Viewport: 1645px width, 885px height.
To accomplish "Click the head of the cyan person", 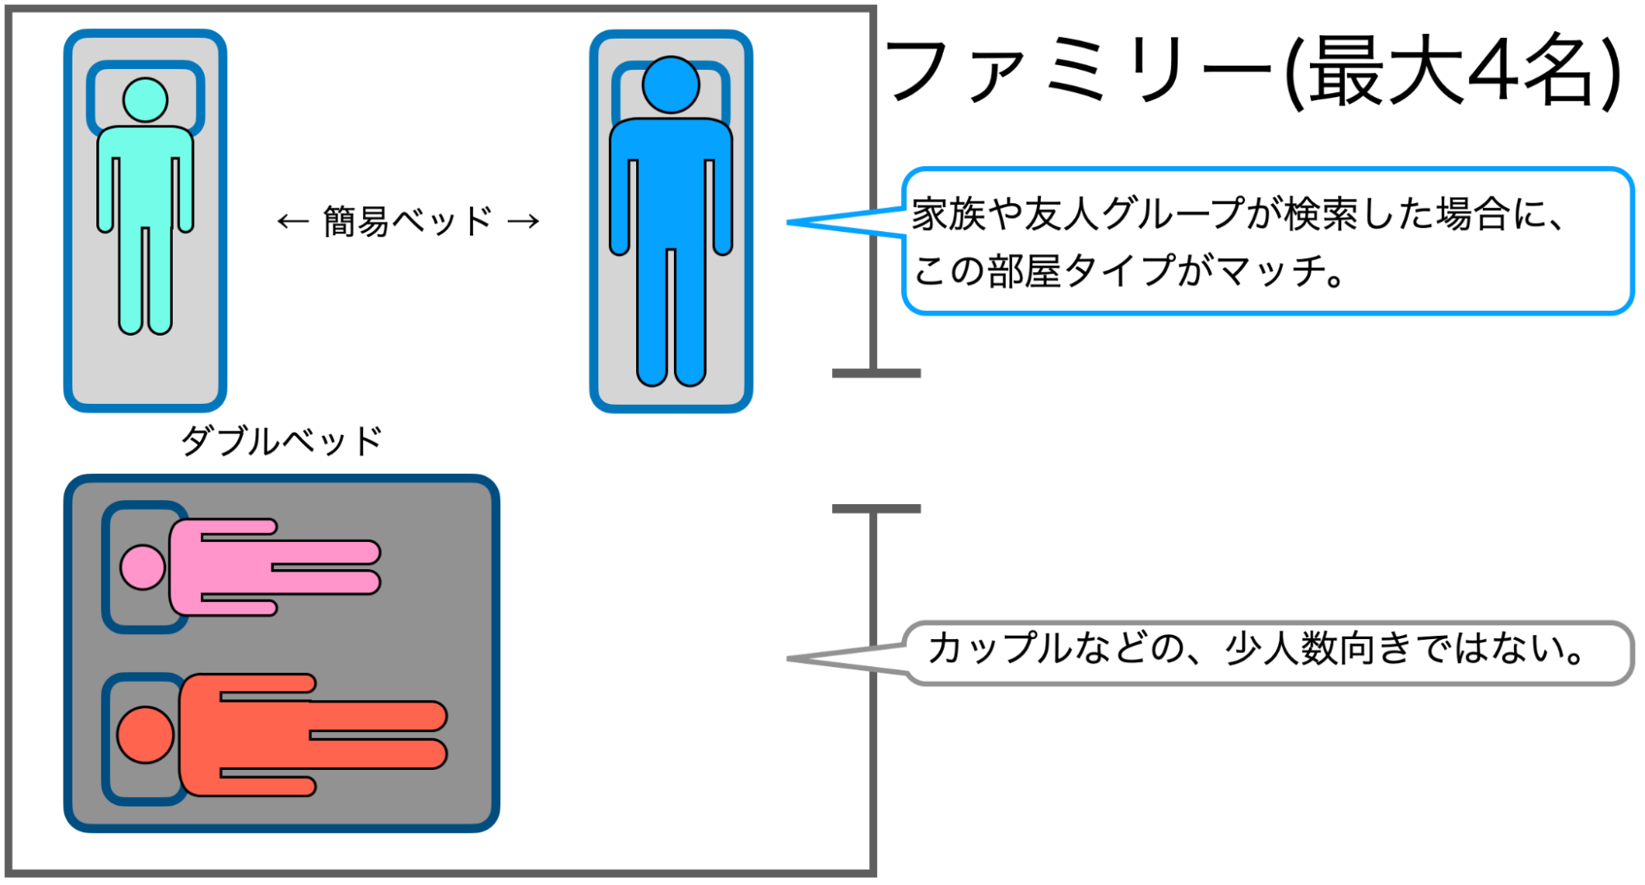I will point(145,100).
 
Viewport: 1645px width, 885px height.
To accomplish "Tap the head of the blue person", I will point(671,84).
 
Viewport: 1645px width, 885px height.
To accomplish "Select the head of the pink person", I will point(142,567).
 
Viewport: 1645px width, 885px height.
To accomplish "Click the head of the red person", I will point(146,734).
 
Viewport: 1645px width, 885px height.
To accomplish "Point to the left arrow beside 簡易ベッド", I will point(292,221).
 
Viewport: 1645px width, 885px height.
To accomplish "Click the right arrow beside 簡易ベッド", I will point(523,221).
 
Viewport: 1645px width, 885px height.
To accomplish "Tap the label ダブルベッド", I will point(281,442).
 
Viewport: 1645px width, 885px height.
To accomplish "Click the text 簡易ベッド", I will point(407,221).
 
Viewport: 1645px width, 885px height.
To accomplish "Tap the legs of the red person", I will point(379,734).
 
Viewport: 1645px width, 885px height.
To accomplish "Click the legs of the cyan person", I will point(146,280).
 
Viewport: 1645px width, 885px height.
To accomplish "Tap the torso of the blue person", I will point(671,181).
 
